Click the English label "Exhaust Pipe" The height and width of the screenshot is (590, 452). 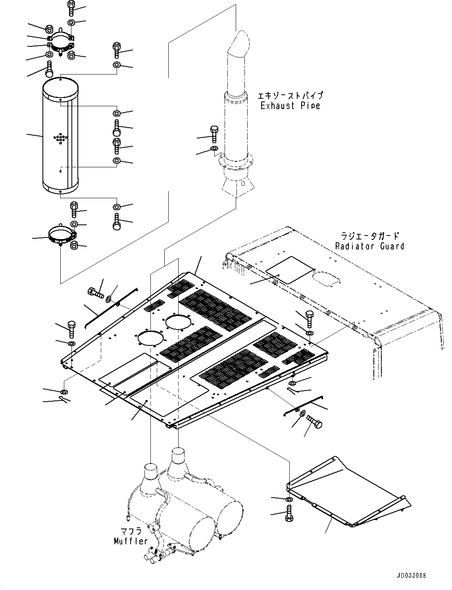pos(290,105)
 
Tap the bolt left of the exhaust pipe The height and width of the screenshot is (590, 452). pos(214,134)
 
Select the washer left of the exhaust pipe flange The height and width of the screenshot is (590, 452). pos(214,149)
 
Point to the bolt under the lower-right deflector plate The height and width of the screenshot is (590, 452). pos(289,513)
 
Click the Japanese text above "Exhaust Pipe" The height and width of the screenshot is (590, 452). pos(290,96)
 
